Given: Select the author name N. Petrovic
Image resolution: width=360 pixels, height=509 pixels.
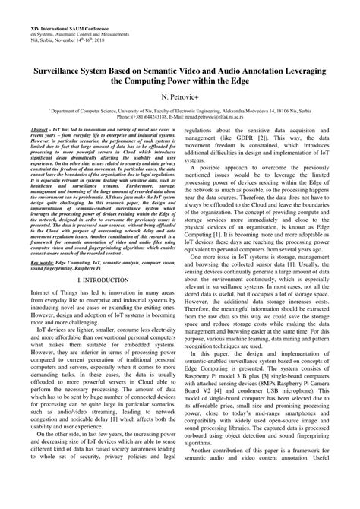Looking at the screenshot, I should pos(180,97).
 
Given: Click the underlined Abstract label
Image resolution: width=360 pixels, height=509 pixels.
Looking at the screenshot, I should pos(34,131).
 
